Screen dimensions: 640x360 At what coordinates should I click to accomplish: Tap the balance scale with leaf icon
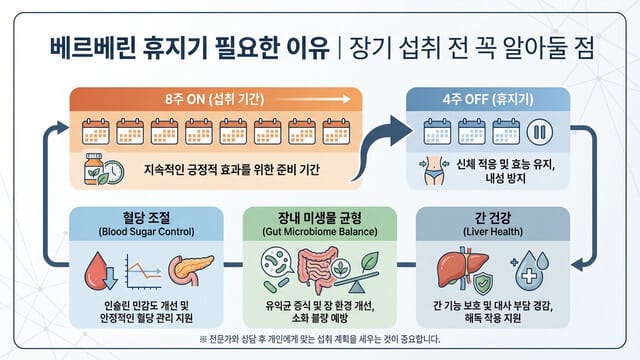point(352,272)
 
